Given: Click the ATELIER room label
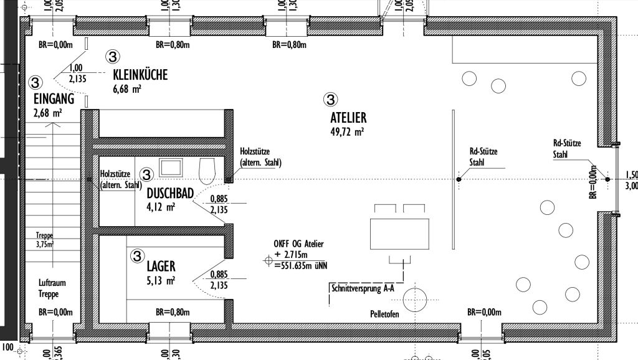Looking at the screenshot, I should (348, 117).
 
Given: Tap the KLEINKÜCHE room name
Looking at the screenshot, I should (140, 75).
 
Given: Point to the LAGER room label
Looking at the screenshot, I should (161, 267).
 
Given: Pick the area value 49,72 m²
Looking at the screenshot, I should (347, 131).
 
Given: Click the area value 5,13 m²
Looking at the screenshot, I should (161, 281).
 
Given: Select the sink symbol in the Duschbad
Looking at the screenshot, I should (170, 167).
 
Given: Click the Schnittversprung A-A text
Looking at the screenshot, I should (361, 288).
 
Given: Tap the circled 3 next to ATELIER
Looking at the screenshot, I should (331, 98).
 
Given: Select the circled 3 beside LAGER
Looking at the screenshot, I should (136, 255).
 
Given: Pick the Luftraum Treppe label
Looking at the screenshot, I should (52, 288).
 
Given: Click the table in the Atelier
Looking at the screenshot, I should (400, 232).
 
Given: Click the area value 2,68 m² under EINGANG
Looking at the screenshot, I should (48, 113).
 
